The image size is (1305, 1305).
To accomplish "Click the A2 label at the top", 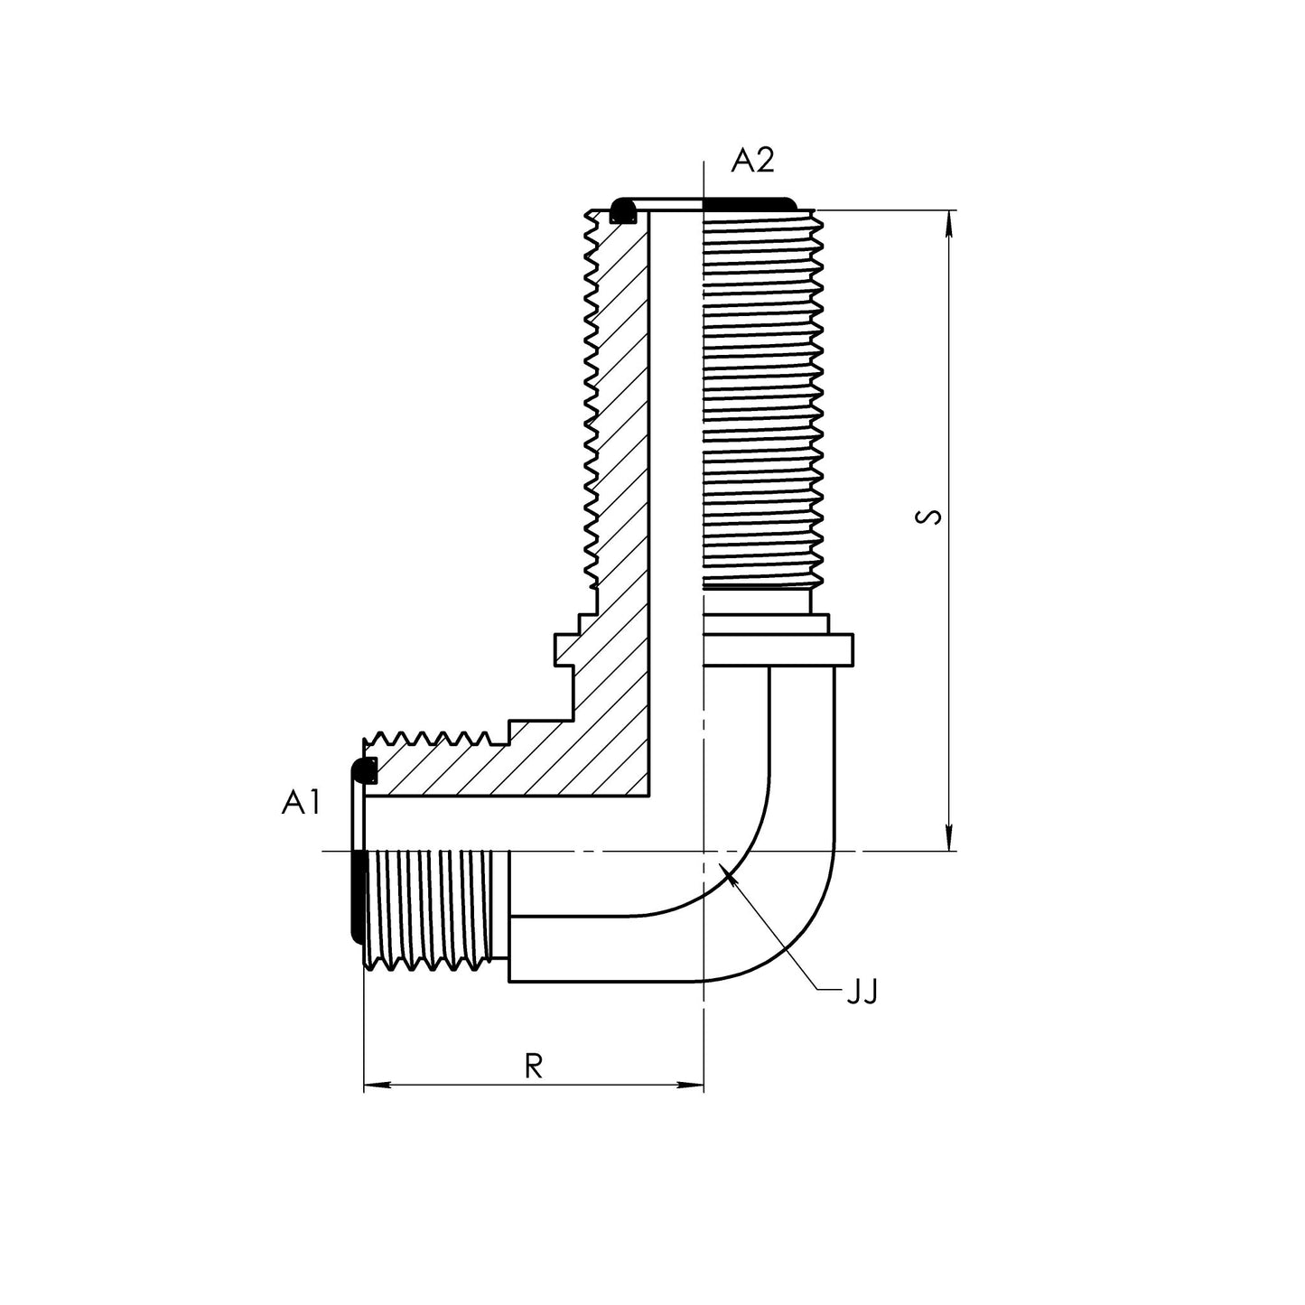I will pyautogui.click(x=752, y=161).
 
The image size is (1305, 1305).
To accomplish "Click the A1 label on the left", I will pyautogui.click(x=301, y=802).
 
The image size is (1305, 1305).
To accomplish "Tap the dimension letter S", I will pyautogui.click(x=928, y=517).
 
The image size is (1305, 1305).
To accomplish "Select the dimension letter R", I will pyautogui.click(x=534, y=1067).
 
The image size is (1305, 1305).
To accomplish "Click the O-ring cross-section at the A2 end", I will pyautogui.click(x=621, y=211).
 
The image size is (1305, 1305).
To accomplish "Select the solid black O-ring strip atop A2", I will pyautogui.click(x=749, y=202).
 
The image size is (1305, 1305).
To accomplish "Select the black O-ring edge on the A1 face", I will pyautogui.click(x=357, y=894).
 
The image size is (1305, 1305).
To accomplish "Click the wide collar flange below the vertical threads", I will pyautogui.click(x=777, y=649).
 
